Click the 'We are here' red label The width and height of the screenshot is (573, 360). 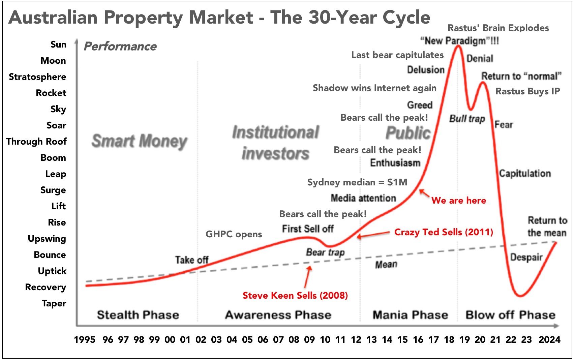coord(459,201)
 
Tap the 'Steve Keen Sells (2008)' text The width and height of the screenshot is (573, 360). coord(295,296)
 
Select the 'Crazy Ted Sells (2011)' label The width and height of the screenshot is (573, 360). coord(444,232)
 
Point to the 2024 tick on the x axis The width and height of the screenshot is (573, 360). coord(549,339)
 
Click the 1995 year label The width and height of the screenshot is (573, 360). coord(85,339)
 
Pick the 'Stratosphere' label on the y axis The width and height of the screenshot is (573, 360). coord(37,77)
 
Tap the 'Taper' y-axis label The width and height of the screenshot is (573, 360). coord(54,303)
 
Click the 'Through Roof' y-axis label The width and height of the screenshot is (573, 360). coord(36,142)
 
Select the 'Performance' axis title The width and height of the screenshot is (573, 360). coord(120,47)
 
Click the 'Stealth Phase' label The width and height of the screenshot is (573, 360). coord(138,315)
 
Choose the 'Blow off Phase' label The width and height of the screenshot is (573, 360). coord(510,315)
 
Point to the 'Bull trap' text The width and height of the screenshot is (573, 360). coord(467,119)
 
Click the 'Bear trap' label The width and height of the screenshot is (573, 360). coord(325,252)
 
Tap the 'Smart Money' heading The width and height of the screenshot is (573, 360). coord(139,141)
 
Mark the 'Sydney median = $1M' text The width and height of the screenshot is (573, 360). coord(357,182)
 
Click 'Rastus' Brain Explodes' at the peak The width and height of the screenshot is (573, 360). coord(498,28)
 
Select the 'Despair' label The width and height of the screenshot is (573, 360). coord(526,258)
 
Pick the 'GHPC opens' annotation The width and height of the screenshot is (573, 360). coord(234,234)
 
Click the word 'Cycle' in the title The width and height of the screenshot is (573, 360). coord(404,17)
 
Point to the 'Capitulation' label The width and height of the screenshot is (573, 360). coord(525,174)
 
